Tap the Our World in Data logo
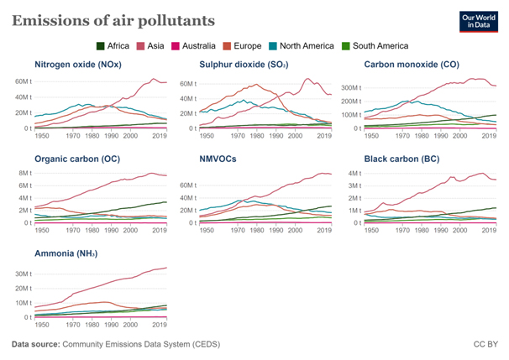click(478, 23)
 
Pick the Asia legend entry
click(152, 46)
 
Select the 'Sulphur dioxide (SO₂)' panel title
click(243, 65)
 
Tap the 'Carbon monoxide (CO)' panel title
click(412, 65)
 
